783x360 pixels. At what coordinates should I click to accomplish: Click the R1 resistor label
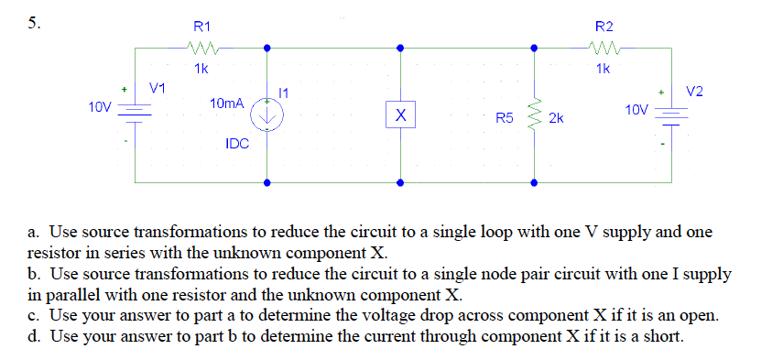pyautogui.click(x=199, y=27)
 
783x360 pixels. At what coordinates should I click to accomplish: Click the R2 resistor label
pyautogui.click(x=604, y=27)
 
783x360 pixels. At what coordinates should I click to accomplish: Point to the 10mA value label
pyautogui.click(x=226, y=105)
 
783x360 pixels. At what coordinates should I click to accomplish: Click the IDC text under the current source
pyautogui.click(x=237, y=144)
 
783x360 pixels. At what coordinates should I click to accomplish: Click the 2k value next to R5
pyautogui.click(x=556, y=119)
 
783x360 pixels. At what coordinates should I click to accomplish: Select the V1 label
pyautogui.click(x=158, y=88)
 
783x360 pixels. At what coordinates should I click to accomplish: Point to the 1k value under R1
pyautogui.click(x=201, y=69)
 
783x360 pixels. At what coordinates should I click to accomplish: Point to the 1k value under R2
pyautogui.click(x=603, y=69)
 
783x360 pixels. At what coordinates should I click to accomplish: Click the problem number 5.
pyautogui.click(x=33, y=25)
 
